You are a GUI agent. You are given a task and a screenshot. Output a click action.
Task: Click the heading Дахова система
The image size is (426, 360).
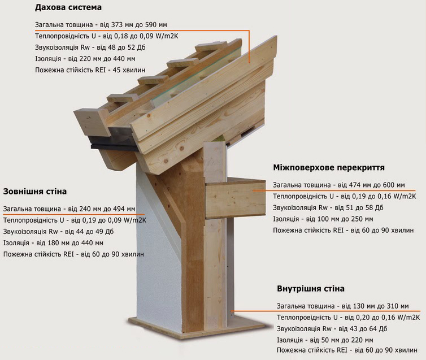68,7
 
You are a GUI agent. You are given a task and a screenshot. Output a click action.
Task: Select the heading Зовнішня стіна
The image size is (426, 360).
35,192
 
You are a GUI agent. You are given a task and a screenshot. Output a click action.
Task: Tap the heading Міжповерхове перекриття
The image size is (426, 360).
329,168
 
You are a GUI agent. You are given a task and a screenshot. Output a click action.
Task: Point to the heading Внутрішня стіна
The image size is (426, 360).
311,289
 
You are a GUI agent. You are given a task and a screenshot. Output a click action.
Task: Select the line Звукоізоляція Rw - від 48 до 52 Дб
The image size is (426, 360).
90,47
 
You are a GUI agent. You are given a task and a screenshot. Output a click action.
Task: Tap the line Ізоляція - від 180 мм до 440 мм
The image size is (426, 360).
53,243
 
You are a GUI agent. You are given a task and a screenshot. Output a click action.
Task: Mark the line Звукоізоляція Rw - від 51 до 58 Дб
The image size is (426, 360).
328,208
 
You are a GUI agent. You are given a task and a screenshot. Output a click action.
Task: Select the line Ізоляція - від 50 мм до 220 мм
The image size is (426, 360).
325,340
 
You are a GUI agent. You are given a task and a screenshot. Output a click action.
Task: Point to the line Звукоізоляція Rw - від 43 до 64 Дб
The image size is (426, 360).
332,329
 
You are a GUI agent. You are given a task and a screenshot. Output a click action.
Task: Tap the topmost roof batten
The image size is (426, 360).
211,46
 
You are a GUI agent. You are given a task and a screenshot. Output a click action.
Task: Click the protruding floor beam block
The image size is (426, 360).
235,198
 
